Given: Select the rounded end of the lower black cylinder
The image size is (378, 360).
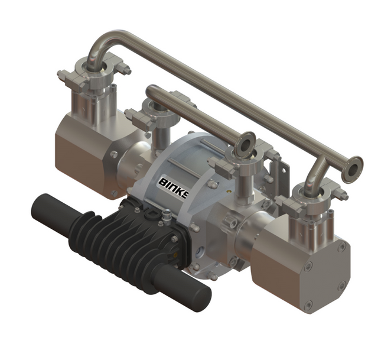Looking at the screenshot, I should pyautogui.click(x=197, y=294).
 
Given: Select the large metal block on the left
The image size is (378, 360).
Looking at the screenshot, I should pyautogui.click(x=83, y=157).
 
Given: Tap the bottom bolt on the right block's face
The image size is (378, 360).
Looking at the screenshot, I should pyautogui.click(x=308, y=306).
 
